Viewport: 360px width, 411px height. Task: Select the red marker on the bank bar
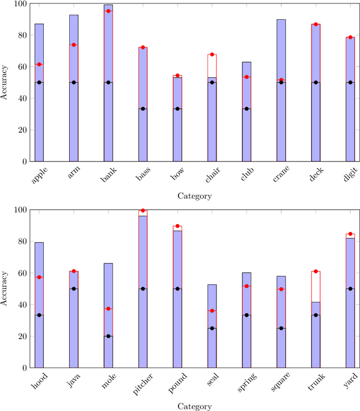pos(108,11)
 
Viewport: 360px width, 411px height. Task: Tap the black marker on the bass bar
pos(143,109)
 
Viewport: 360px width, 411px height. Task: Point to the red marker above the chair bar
pos(212,54)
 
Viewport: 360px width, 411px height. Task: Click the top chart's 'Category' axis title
pos(195,196)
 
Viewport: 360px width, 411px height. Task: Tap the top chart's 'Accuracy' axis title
pos(5,82)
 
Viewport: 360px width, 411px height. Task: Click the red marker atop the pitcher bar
pos(143,211)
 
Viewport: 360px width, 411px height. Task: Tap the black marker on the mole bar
pos(108,336)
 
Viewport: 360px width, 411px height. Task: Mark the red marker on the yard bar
pos(350,234)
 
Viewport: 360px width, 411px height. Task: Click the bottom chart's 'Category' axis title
pos(195,406)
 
